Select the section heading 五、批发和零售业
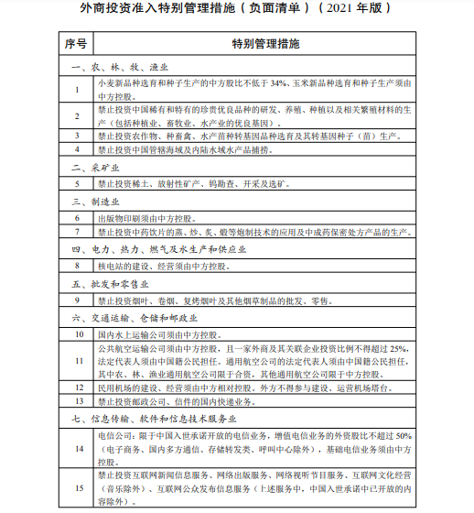click(107, 283)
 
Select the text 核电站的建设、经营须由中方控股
click(160, 265)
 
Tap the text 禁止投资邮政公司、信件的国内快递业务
click(174, 400)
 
